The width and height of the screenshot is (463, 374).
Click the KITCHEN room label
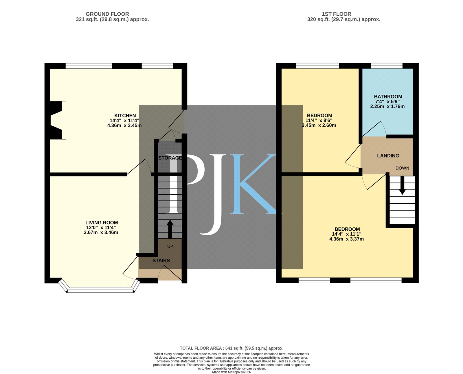[125, 116]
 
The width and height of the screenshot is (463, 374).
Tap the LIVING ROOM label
[102, 222]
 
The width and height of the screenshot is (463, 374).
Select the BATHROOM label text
[388, 97]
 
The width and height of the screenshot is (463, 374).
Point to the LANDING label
[388, 156]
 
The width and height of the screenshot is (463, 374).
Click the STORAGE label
[170, 158]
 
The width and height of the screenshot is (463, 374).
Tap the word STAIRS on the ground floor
[161, 261]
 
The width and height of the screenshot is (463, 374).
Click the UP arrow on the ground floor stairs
[170, 229]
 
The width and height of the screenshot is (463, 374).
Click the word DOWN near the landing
[402, 168]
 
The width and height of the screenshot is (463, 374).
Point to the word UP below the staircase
[170, 247]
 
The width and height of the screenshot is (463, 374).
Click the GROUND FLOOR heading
[107, 14]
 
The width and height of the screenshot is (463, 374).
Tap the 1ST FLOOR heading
[337, 14]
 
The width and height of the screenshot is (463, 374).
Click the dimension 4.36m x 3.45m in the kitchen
[124, 125]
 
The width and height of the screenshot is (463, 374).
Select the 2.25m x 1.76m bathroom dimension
[387, 106]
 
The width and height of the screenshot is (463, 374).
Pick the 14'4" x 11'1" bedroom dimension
[346, 234]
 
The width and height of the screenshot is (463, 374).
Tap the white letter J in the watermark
[213, 194]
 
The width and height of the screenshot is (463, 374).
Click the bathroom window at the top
[387, 65]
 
